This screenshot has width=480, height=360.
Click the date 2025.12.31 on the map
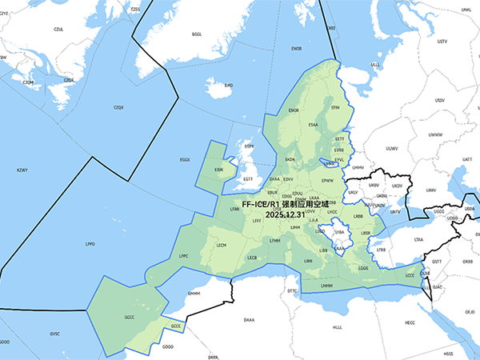286,214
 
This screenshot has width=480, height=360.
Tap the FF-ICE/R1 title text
286,204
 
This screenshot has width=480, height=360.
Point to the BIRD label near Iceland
228,84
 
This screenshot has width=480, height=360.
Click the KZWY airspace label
22,170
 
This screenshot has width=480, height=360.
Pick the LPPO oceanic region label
90,243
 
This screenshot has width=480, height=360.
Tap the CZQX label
119,107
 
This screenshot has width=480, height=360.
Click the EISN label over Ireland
219,170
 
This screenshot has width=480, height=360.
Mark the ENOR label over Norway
293,110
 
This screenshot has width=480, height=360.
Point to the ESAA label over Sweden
313,125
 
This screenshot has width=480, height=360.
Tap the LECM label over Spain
222,246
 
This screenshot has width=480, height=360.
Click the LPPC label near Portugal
183,256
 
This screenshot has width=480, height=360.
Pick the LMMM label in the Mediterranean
326,286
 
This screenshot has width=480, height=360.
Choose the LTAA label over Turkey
418,239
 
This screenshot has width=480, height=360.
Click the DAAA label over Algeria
249,319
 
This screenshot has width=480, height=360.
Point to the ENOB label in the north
296,49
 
